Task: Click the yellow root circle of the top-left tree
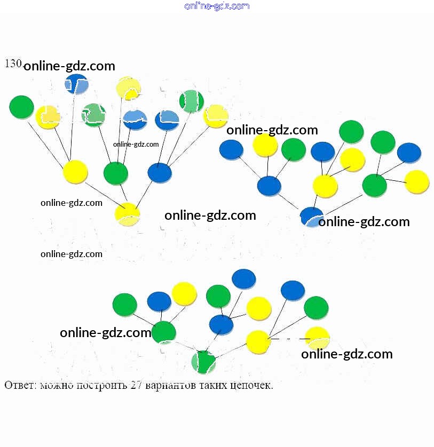(x=128, y=214)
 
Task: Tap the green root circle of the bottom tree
(x=204, y=362)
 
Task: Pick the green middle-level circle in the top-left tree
(x=115, y=173)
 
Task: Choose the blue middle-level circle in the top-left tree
(x=160, y=173)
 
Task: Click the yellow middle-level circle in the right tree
(x=325, y=186)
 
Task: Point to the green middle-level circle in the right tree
(x=374, y=185)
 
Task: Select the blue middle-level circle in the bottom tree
(x=221, y=324)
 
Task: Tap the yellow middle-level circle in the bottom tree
(x=258, y=342)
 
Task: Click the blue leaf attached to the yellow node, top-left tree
(x=77, y=84)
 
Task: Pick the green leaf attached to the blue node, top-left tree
(x=191, y=101)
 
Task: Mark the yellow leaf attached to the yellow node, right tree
(x=352, y=159)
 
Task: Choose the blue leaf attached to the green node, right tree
(x=409, y=153)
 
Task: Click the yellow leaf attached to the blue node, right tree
(x=265, y=145)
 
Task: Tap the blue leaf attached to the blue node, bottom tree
(x=244, y=279)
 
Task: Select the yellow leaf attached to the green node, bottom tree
(x=185, y=293)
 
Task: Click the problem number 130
(x=13, y=63)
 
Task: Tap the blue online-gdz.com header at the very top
(x=217, y=6)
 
